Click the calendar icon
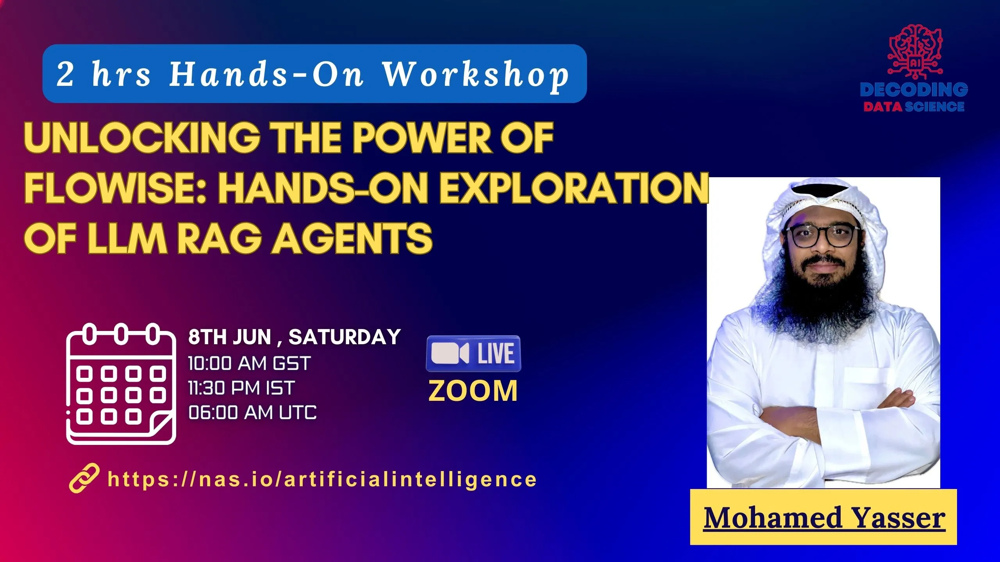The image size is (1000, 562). pyautogui.click(x=121, y=384)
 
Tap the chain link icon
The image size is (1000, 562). pyautogui.click(x=84, y=478)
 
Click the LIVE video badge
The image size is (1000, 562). pyautogui.click(x=473, y=354)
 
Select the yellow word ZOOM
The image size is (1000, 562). pyautogui.click(x=473, y=391)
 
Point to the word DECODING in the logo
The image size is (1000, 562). pyautogui.click(x=914, y=90)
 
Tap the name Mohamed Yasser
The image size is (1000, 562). pyautogui.click(x=824, y=518)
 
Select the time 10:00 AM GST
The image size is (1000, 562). pyautogui.click(x=249, y=364)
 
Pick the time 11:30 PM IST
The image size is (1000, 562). pyautogui.click(x=241, y=388)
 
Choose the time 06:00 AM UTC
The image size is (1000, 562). pyautogui.click(x=252, y=413)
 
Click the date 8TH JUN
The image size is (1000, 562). pyautogui.click(x=230, y=337)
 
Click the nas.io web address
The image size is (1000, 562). pyautogui.click(x=322, y=479)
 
